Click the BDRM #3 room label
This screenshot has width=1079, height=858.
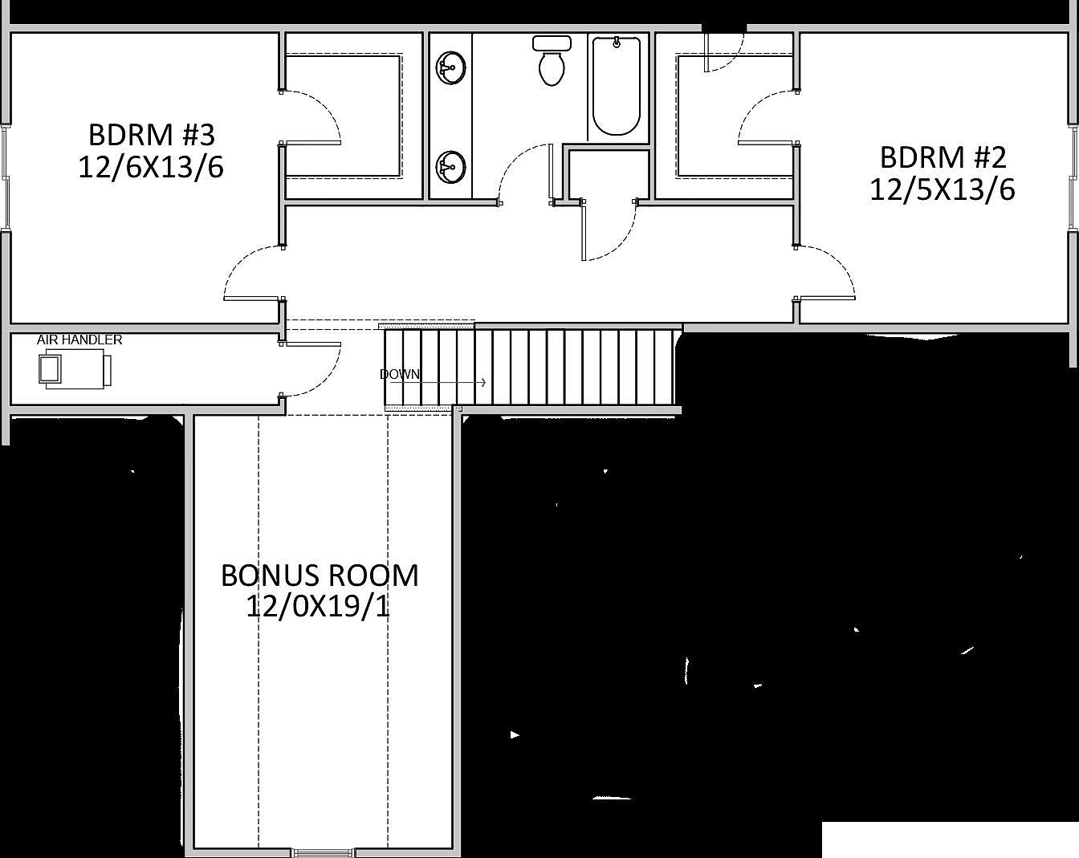click(x=151, y=133)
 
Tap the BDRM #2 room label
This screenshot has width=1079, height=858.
click(x=943, y=156)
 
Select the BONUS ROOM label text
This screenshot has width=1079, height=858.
click(x=320, y=575)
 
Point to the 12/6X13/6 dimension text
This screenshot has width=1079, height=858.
click(x=151, y=168)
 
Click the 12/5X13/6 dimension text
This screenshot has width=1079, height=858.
click(x=943, y=190)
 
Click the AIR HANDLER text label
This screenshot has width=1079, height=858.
click(x=79, y=340)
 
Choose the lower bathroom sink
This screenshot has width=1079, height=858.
click(x=451, y=169)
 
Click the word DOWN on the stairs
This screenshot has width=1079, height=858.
click(x=399, y=374)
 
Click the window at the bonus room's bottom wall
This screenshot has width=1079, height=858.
click(x=323, y=852)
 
